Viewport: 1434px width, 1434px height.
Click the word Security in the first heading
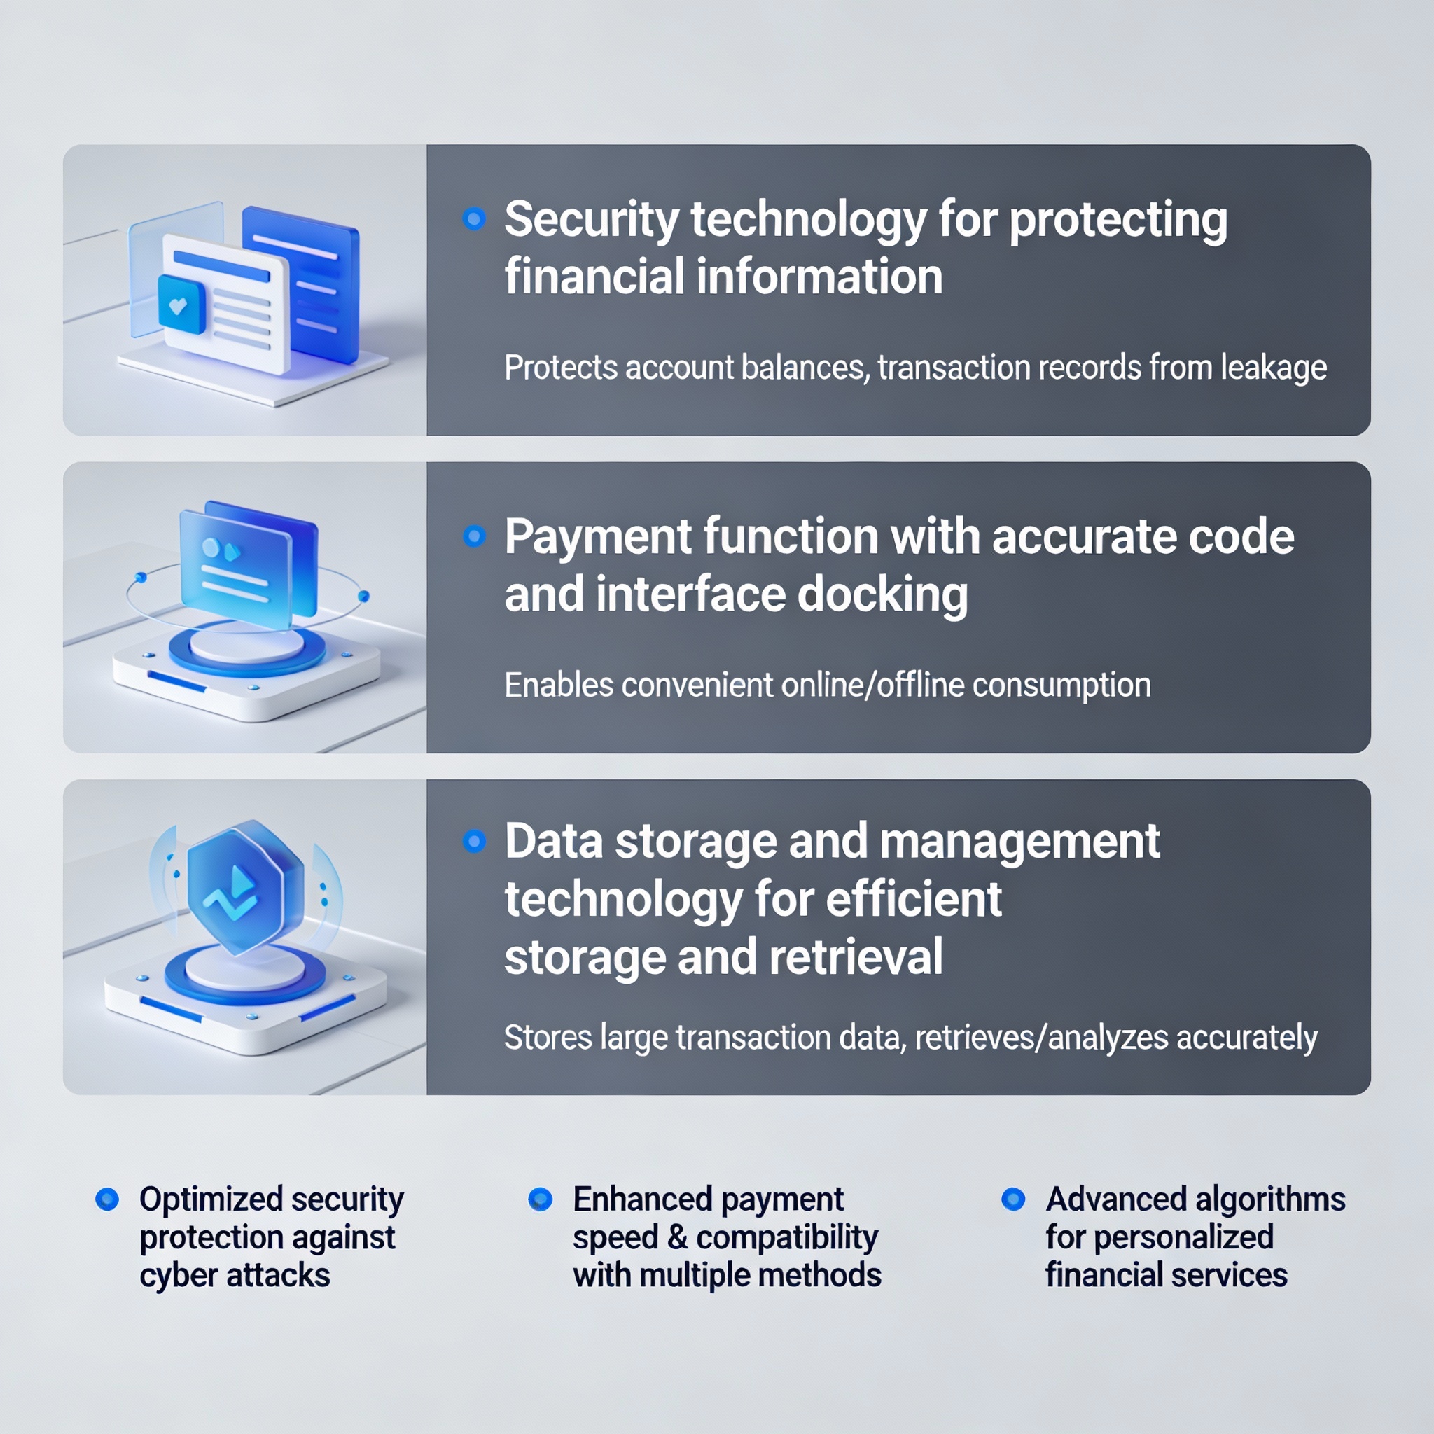(592, 221)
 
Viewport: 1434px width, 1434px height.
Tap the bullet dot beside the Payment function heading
(473, 536)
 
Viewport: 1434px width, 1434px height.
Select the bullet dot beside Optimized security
(108, 1199)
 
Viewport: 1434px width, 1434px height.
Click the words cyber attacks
(235, 1275)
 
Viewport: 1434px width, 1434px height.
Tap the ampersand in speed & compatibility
(677, 1237)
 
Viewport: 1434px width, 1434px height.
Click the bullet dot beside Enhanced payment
(541, 1199)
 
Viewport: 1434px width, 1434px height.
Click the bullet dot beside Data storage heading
(473, 841)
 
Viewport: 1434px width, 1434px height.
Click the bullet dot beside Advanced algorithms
(1013, 1199)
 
